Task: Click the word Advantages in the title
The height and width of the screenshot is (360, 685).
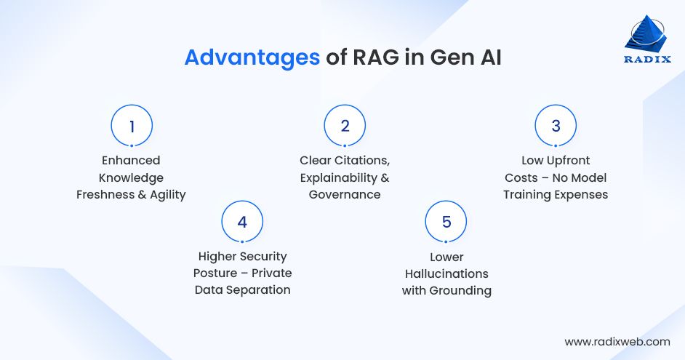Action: coord(252,58)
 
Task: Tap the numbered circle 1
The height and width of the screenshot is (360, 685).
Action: coord(132,126)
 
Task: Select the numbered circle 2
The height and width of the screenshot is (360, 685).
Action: coord(345,126)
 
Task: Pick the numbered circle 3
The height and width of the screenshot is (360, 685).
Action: coord(556,126)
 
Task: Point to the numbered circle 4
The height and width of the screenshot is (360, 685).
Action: coord(242,222)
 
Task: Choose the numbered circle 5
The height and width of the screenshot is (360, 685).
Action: coord(446,222)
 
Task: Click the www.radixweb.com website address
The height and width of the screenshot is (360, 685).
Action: coord(617,341)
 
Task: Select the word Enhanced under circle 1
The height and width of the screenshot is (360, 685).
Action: coord(132,160)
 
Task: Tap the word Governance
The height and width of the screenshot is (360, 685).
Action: coord(345,194)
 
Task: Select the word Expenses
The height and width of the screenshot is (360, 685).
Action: coord(580,194)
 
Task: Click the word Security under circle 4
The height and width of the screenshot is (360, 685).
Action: coord(263,256)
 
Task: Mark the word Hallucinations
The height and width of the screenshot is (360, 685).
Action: coord(446,273)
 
